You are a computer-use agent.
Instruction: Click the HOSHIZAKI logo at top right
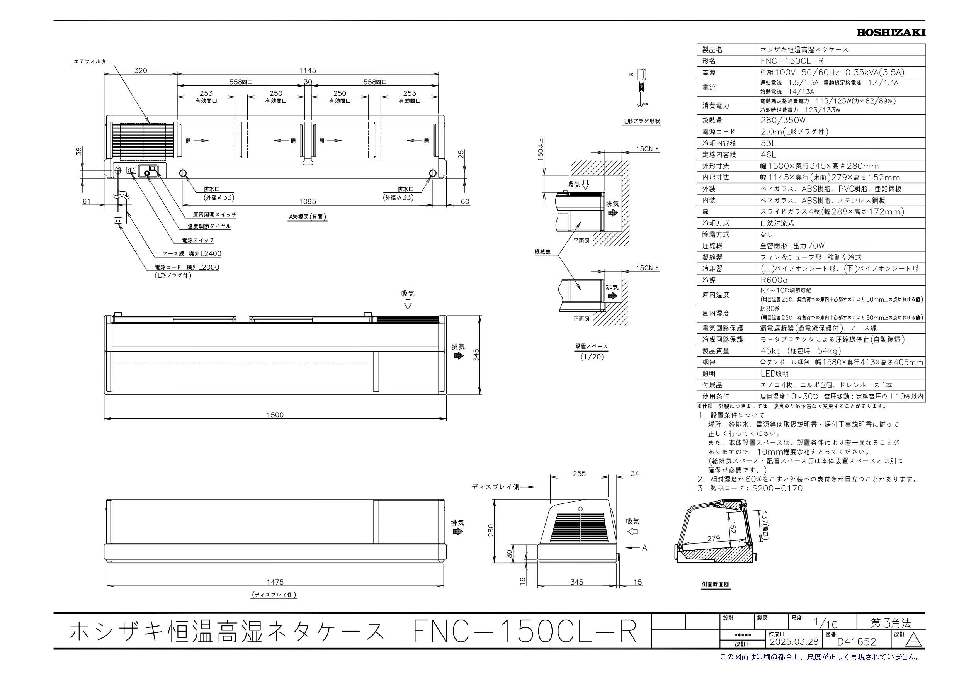tap(891, 32)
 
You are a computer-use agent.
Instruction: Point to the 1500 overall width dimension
tap(275, 415)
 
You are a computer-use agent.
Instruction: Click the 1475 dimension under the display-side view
tap(275, 582)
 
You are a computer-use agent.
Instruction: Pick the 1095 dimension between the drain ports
tap(308, 201)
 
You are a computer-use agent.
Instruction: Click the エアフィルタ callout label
tap(90, 62)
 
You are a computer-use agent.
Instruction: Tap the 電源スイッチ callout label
tap(198, 240)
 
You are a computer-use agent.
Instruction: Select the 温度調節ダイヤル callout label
tap(209, 226)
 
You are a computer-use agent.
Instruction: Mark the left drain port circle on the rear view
tap(182, 173)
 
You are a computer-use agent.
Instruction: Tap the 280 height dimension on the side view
tap(491, 530)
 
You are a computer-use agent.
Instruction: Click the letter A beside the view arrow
tap(644, 548)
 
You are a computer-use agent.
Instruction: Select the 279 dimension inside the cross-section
tap(713, 539)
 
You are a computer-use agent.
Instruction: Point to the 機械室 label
tap(542, 252)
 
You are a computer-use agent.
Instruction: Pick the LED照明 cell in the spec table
tap(774, 374)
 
